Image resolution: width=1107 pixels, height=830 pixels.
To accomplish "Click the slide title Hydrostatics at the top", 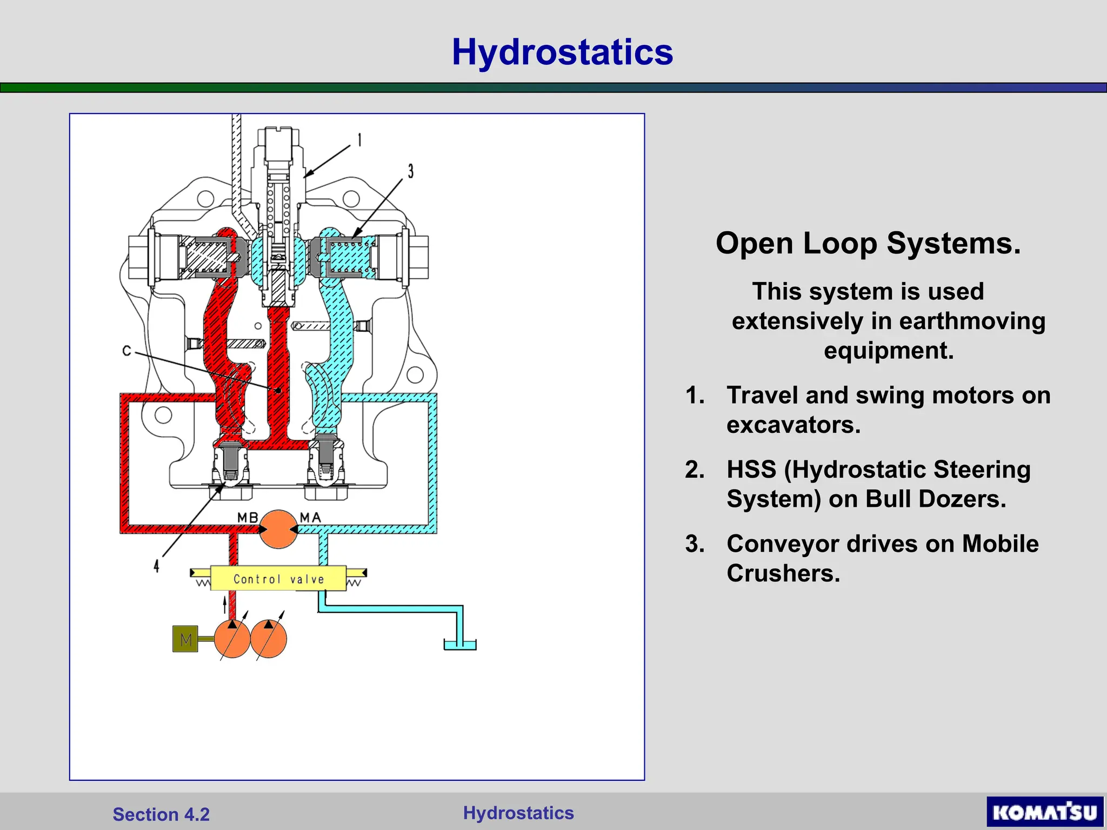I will tap(562, 52).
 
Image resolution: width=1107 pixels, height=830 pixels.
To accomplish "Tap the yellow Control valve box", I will tap(278, 579).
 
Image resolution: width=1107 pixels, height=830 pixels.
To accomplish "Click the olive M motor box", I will tap(185, 639).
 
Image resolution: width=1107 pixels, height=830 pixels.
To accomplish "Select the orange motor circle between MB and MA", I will tap(278, 529).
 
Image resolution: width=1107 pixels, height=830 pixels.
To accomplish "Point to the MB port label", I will tap(248, 517).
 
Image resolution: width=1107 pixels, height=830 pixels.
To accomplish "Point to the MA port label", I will tap(310, 517).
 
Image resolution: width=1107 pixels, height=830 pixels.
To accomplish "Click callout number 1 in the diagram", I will tap(359, 140).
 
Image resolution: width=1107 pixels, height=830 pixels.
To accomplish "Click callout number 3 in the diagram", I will tap(411, 171).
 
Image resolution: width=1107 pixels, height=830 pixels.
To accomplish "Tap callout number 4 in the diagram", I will tap(156, 566).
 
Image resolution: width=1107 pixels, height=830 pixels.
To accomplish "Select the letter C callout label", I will tap(126, 351).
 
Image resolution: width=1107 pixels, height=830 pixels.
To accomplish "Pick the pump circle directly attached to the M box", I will tap(232, 639).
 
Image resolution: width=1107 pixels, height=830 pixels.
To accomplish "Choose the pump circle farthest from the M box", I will tap(269, 639).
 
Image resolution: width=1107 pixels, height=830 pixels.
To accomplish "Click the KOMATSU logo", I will tap(1044, 812).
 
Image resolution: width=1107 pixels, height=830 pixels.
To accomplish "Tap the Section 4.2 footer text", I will tap(161, 814).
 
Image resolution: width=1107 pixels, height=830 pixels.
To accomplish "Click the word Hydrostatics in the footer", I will tap(518, 813).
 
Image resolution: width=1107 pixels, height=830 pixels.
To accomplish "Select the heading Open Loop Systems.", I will tap(868, 243).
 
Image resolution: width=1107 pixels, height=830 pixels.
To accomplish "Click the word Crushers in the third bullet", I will tap(783, 573).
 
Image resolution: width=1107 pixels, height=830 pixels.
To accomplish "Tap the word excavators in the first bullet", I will tap(793, 425).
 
